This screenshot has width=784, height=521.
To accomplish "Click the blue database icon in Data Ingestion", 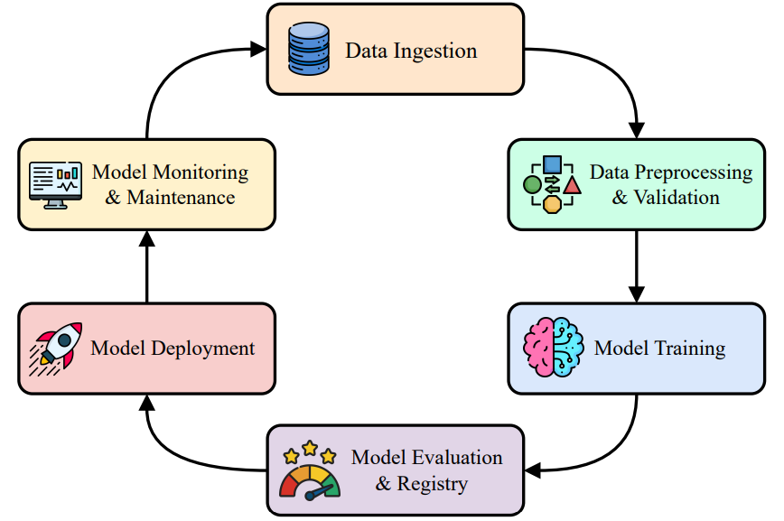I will tap(309, 50).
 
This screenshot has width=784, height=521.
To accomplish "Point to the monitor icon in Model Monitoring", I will tap(56, 183).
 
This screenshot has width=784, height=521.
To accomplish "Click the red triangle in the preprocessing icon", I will tap(572, 186).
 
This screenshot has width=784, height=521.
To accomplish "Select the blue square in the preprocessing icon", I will tap(553, 165).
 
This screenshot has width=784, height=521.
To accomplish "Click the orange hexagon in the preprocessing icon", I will tap(552, 204).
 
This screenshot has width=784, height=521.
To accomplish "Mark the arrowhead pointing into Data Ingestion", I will tap(259, 50).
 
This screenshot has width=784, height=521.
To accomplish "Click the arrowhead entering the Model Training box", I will tap(637, 294).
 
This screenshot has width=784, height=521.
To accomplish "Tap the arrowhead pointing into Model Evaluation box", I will tap(533, 470).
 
